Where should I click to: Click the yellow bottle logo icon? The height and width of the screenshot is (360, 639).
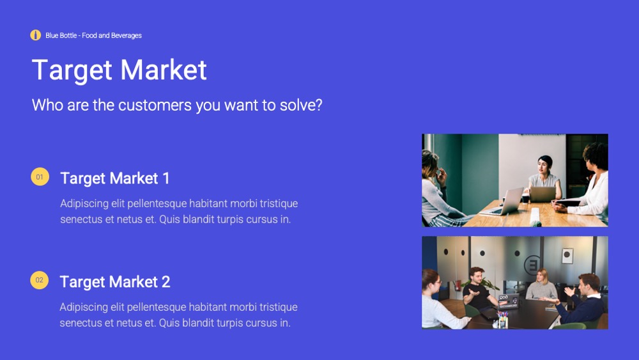point(35,35)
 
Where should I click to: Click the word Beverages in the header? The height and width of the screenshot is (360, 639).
point(127,35)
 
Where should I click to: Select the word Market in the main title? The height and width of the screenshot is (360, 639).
point(164,70)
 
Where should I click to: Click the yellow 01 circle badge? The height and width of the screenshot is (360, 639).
point(40,177)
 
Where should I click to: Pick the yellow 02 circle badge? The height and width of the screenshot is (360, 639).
point(39,280)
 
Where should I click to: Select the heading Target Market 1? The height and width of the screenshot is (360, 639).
point(115,178)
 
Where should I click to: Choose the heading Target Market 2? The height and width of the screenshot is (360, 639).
point(115,282)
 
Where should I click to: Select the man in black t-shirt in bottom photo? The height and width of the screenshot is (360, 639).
point(477,290)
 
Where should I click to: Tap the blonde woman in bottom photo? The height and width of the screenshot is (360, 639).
point(541,285)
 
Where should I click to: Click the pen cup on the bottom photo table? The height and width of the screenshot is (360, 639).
point(502,320)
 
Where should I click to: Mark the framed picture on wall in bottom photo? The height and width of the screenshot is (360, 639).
point(567,256)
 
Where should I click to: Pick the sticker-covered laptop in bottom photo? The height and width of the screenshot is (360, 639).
point(508,301)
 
